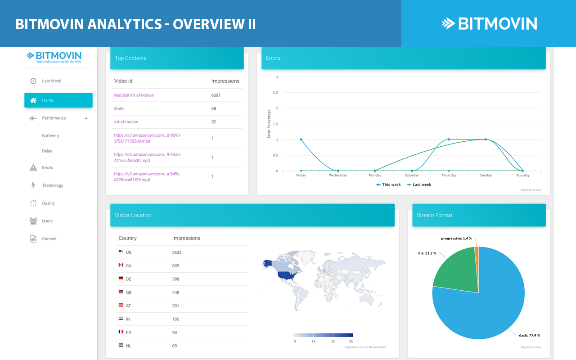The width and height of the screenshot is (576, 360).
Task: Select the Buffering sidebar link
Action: (x=50, y=136)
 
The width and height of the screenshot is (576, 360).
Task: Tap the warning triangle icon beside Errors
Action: (x=33, y=167)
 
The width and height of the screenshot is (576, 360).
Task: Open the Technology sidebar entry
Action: (x=53, y=185)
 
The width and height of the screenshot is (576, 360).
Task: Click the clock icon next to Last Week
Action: (x=33, y=81)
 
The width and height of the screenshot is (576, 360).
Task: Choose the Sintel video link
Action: (x=119, y=108)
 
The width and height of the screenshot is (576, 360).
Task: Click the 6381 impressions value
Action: (x=216, y=95)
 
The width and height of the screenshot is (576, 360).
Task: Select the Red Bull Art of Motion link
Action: (x=134, y=95)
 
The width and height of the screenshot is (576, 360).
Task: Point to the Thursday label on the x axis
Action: (x=449, y=175)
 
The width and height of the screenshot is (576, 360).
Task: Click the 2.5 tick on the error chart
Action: (x=275, y=93)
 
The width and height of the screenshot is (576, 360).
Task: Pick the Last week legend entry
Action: (x=419, y=185)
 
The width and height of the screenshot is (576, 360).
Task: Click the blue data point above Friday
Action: (x=301, y=139)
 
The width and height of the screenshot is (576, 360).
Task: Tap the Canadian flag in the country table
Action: (x=121, y=265)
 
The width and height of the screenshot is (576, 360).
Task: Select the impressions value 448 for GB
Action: (x=176, y=292)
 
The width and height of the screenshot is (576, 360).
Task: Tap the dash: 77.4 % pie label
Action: (x=529, y=335)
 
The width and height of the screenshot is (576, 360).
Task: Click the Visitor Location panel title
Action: (x=133, y=215)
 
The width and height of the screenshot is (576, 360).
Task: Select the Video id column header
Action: (x=123, y=81)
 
